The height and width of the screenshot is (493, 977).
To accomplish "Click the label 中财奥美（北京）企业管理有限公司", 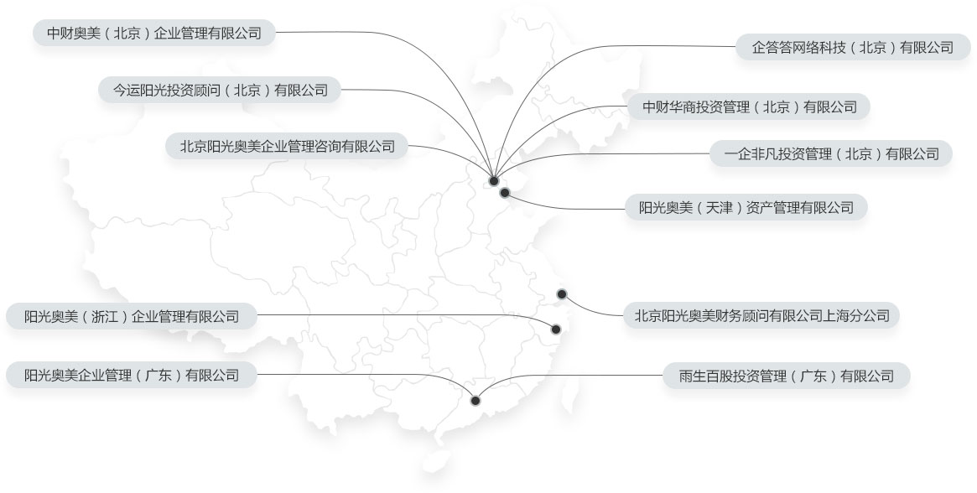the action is pyautogui.click(x=154, y=33).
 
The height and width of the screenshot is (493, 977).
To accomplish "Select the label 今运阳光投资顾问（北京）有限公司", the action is pyautogui.click(x=220, y=90).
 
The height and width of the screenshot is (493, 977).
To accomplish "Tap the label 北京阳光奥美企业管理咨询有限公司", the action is pyautogui.click(x=288, y=147).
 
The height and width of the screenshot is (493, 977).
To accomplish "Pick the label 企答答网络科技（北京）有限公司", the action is pyautogui.click(x=852, y=47).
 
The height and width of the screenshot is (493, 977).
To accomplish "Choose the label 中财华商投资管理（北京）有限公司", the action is pyautogui.click(x=750, y=107).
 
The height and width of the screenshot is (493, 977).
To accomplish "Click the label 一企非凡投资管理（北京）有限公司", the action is pyautogui.click(x=831, y=154).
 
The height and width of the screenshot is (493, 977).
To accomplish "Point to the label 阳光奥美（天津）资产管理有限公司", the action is pyautogui.click(x=746, y=208).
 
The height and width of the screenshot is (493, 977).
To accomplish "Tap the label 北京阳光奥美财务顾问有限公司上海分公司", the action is pyautogui.click(x=761, y=316).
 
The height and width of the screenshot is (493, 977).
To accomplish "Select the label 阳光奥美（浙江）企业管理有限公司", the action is pyautogui.click(x=132, y=317).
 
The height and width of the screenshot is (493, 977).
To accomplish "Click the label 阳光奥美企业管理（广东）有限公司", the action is pyautogui.click(x=132, y=376).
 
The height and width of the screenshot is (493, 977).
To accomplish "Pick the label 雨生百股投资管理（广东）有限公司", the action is pyautogui.click(x=787, y=376).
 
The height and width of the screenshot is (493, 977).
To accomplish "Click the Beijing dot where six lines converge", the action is pyautogui.click(x=493, y=181).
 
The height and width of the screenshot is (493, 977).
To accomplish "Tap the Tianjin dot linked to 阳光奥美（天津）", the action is pyautogui.click(x=505, y=193).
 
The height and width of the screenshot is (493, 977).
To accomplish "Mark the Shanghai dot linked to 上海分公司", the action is pyautogui.click(x=561, y=294).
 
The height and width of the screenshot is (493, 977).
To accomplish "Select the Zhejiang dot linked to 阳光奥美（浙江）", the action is pyautogui.click(x=556, y=329).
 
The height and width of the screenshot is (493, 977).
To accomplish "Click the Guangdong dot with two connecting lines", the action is pyautogui.click(x=476, y=400).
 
